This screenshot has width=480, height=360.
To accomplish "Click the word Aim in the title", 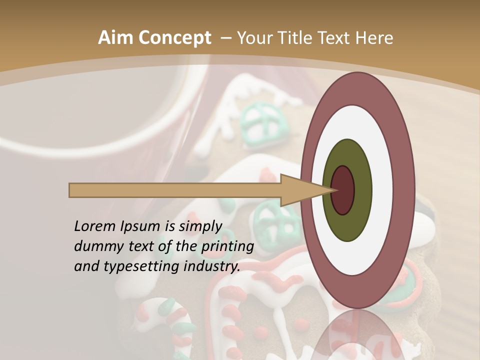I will pyautogui.click(x=115, y=37).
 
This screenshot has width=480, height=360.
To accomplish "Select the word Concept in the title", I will pyautogui.click(x=174, y=37).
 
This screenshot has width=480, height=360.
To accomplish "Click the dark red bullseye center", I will pyautogui.click(x=343, y=190).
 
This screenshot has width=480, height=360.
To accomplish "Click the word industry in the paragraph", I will pyautogui.click(x=212, y=266).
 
